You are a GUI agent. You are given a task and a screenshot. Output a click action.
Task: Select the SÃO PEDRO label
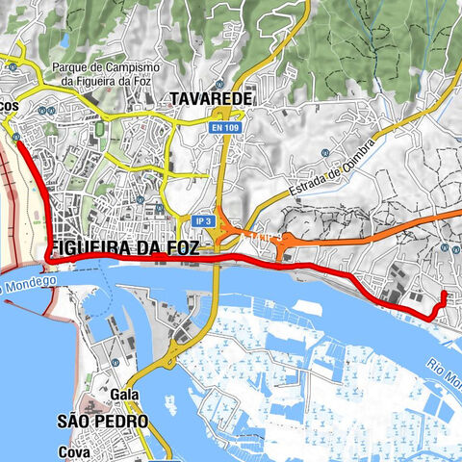tap(102, 422)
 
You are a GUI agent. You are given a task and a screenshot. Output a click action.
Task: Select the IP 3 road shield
tap(201, 221)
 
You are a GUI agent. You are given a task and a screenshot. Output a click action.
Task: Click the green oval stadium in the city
tap(100, 127)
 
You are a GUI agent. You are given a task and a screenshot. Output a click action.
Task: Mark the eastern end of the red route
tap(443, 294)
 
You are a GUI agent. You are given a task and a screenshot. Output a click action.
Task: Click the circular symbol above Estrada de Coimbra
tap(327, 153)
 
